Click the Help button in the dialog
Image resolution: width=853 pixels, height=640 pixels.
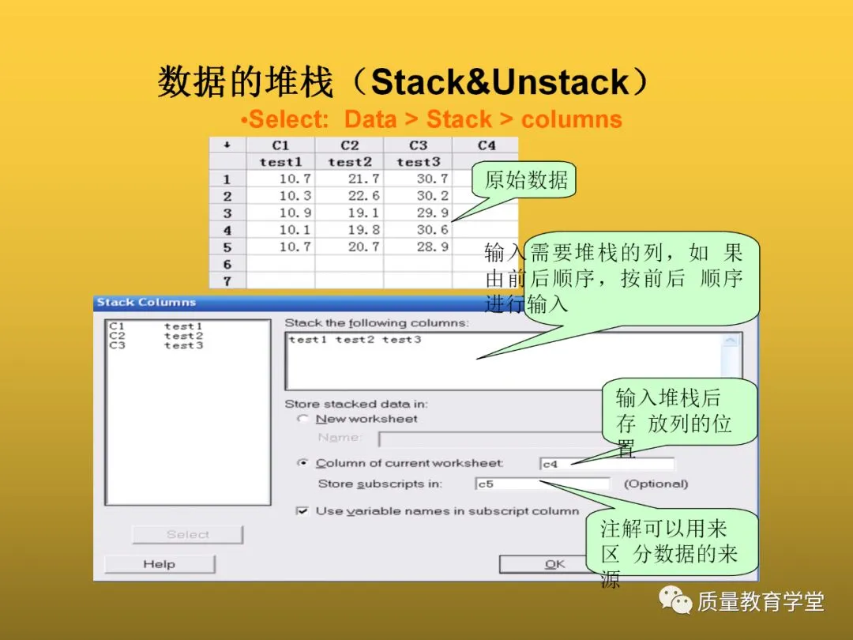[160, 564]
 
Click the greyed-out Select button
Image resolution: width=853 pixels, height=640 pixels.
[187, 535]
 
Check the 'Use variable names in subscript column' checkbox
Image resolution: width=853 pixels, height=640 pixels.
[302, 511]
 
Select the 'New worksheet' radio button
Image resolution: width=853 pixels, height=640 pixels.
[302, 419]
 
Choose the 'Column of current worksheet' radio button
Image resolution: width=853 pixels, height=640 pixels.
[302, 464]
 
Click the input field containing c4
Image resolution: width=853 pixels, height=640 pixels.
[607, 464]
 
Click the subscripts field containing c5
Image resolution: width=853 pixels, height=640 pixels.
[543, 484]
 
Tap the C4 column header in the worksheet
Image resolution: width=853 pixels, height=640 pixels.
[487, 145]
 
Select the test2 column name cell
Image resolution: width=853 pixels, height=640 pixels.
[350, 162]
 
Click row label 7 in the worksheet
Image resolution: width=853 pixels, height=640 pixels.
[227, 281]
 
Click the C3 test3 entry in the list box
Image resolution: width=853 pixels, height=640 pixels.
[156, 345]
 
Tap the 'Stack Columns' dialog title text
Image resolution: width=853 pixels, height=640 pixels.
[146, 302]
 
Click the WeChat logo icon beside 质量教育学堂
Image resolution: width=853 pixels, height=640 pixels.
[675, 602]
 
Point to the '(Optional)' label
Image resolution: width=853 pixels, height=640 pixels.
[656, 484]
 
